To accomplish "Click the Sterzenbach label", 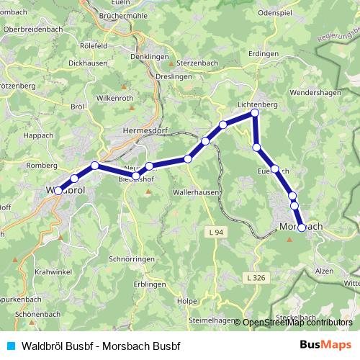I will tap(197, 64).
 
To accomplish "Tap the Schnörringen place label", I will tap(130, 258).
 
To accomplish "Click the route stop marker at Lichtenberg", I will tap(254, 114).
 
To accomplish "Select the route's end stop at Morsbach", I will tap(302, 228).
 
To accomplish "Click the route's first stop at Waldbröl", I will tap(58, 191).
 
